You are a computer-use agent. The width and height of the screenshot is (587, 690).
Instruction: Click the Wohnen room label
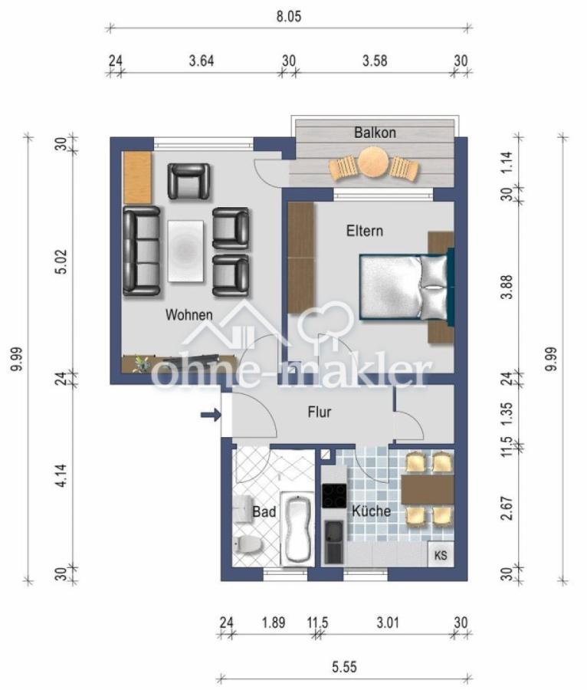click(189, 314)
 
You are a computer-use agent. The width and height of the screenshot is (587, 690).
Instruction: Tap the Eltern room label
click(364, 230)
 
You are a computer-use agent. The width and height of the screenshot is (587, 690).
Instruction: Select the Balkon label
click(375, 133)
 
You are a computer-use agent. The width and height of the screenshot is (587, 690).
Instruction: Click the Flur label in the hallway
click(319, 412)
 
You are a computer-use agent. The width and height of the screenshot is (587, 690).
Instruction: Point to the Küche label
click(372, 511)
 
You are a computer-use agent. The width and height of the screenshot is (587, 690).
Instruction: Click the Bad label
click(264, 511)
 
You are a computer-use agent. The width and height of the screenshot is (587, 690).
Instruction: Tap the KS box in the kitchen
click(441, 554)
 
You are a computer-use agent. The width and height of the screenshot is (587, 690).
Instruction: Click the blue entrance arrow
click(210, 416)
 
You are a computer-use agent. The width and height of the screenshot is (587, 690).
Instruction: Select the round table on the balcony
click(375, 163)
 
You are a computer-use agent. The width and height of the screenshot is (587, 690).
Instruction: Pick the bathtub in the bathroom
click(297, 529)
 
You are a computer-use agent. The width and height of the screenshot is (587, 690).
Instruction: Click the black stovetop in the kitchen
click(334, 495)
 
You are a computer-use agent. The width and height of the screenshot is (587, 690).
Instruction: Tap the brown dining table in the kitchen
click(428, 490)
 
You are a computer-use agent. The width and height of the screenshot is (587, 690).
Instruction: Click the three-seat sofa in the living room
click(142, 251)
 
